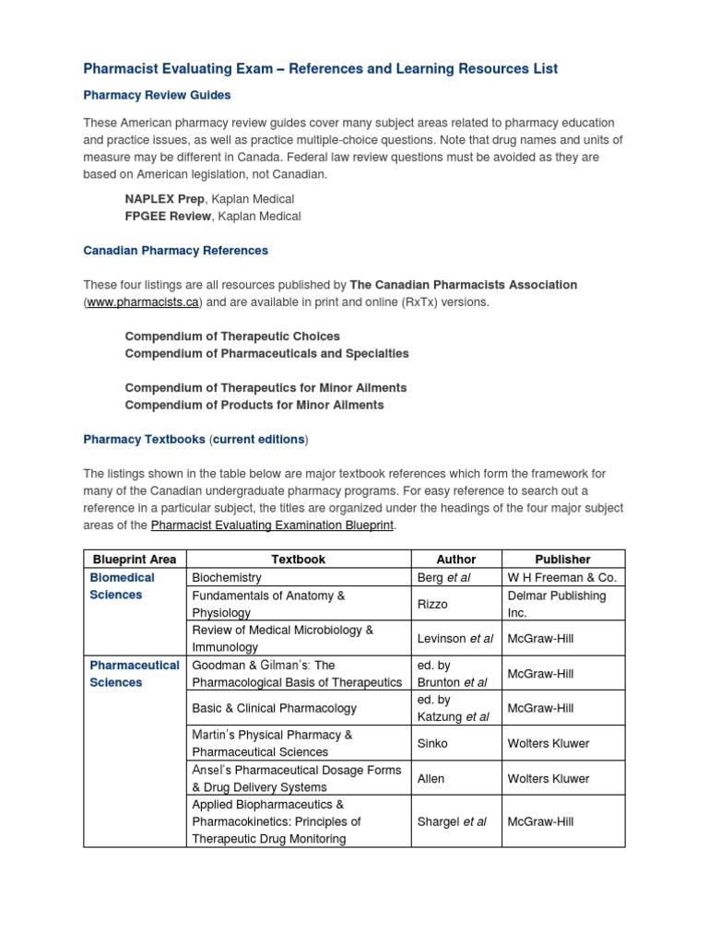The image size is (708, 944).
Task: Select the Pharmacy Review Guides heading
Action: [x=157, y=95]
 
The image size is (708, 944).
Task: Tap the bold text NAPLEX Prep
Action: [x=165, y=199]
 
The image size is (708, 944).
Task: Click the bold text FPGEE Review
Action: [x=169, y=216]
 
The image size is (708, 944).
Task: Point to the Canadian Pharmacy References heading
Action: [x=175, y=250]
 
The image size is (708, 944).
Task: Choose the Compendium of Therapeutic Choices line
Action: [x=232, y=336]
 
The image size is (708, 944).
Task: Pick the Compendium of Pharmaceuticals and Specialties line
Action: [x=266, y=353]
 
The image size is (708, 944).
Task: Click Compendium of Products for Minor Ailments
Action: [x=254, y=405]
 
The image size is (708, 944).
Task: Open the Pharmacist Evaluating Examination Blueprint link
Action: [x=272, y=525]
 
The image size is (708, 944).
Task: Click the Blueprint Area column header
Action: [x=135, y=559]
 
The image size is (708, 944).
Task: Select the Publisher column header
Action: [x=562, y=559]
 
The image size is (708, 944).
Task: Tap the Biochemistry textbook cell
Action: [x=227, y=577]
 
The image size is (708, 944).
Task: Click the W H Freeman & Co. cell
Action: [x=561, y=577]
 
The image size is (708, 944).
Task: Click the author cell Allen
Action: [x=431, y=778]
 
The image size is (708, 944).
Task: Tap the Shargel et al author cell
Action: [x=452, y=821]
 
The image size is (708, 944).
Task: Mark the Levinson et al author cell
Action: [x=455, y=638]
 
